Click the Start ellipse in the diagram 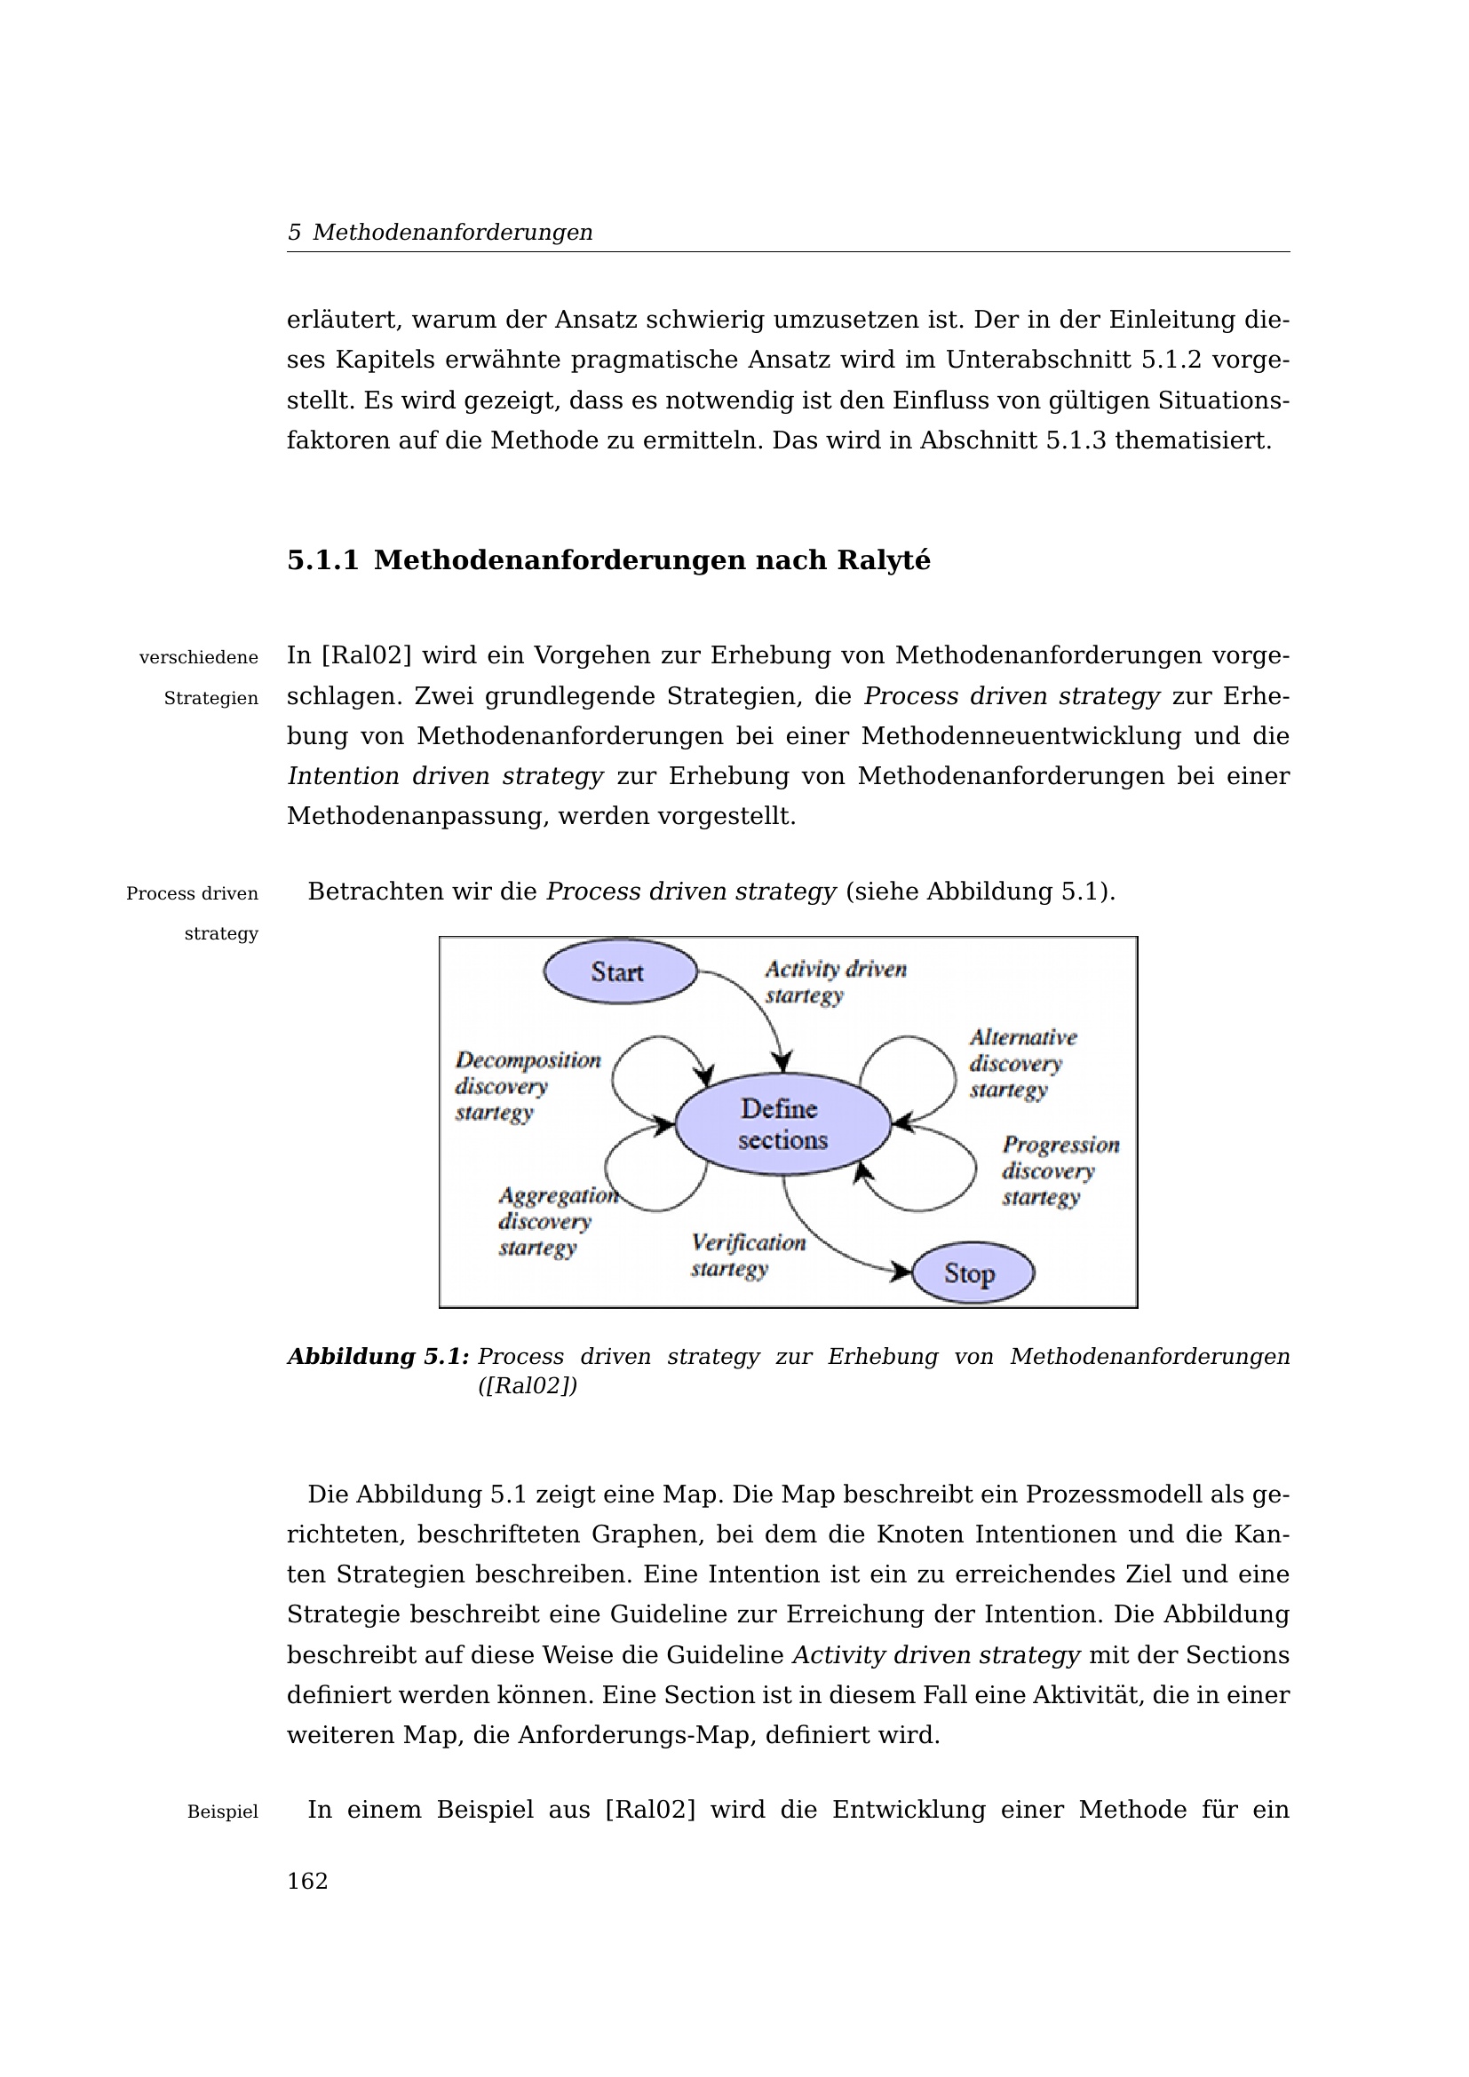tap(620, 972)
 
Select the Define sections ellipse tap(782, 1124)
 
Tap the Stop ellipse tap(972, 1273)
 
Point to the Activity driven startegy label tap(834, 982)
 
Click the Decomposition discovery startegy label tap(528, 1085)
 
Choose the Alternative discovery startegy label tap(1022, 1063)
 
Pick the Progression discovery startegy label tap(1060, 1170)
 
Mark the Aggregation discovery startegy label tap(556, 1221)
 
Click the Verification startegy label tap(747, 1256)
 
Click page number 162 tap(307, 1882)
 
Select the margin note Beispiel tap(223, 1812)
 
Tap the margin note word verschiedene tap(198, 658)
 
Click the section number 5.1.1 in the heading tap(322, 561)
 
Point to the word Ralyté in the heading tap(883, 561)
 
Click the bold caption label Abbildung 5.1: tap(378, 1357)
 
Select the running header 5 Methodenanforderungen tap(440, 233)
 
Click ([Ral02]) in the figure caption tap(527, 1386)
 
